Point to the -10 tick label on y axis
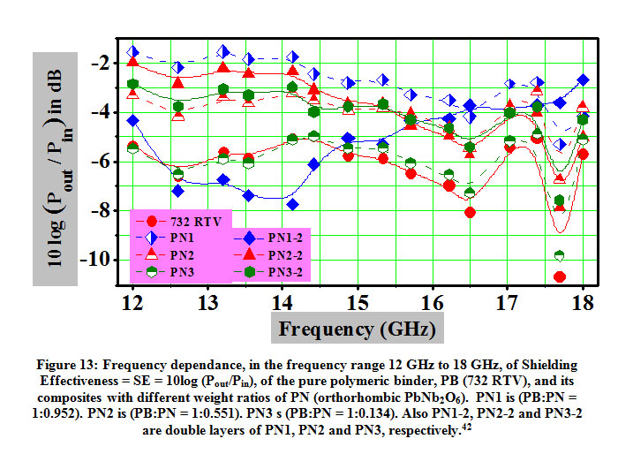pos(103,260)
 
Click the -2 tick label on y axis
pos(107,63)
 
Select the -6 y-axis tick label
pos(107,161)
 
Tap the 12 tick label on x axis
pos(132,304)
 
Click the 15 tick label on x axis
pos(357,304)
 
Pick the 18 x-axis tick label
pos(582,304)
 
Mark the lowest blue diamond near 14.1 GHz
pos(292,204)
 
